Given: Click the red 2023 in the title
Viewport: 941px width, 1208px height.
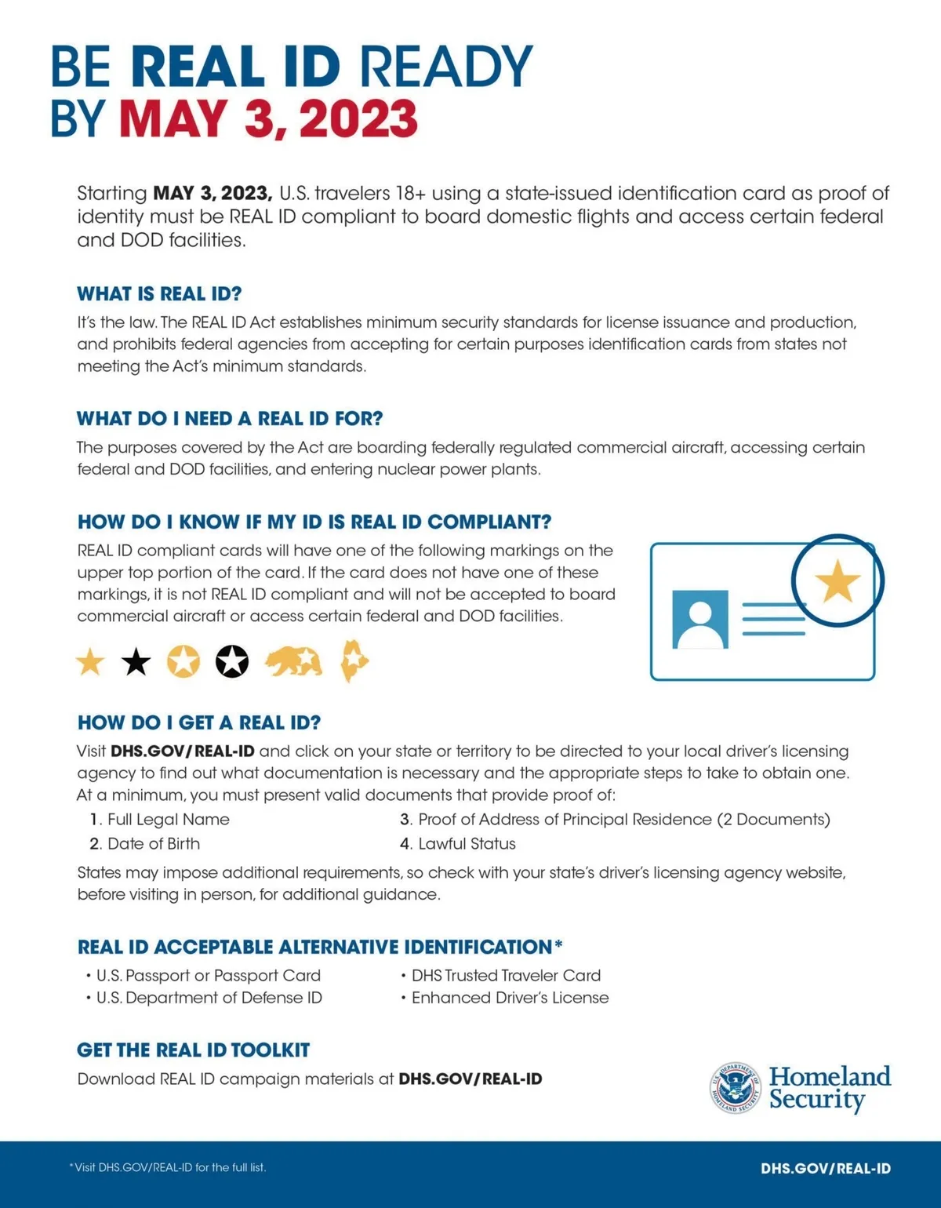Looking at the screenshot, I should (x=358, y=119).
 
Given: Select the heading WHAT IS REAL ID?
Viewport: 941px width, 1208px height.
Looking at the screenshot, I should (x=159, y=294).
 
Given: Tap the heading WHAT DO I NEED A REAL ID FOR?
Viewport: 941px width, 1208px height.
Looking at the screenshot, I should (x=230, y=418).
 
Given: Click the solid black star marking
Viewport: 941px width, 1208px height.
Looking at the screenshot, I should (x=136, y=663).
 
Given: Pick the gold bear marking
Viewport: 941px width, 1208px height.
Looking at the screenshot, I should (x=293, y=662).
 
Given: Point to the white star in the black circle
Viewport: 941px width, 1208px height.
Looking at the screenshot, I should (x=232, y=662).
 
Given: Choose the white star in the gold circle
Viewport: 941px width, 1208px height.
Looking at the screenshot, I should (x=183, y=662).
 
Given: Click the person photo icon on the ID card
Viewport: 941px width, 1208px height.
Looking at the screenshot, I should (x=700, y=619).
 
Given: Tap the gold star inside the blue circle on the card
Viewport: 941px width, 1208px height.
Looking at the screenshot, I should (x=837, y=581).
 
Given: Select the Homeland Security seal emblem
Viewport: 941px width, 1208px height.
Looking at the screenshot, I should (x=735, y=1087).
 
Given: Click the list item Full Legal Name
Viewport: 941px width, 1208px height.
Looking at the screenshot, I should (x=168, y=820).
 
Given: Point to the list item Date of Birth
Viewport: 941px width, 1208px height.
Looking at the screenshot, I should (x=153, y=844).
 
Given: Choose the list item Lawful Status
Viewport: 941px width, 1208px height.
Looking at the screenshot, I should (x=467, y=844).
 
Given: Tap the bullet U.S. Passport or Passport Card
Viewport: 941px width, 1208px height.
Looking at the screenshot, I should (x=208, y=976).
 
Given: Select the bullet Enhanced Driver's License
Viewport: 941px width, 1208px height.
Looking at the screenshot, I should (x=510, y=998).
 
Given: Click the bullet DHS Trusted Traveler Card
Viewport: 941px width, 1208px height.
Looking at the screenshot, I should (x=506, y=976).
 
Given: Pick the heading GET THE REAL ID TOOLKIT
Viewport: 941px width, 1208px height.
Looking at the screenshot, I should (x=193, y=1050).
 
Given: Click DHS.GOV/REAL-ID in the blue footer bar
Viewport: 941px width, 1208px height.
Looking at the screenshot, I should (x=825, y=1168).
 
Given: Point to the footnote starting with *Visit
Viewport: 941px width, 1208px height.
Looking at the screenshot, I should (x=168, y=1167).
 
